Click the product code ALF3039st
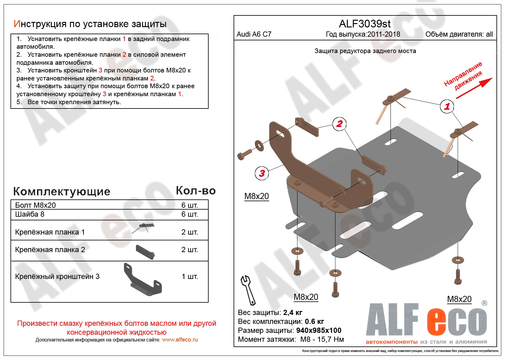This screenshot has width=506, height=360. tap(365, 24)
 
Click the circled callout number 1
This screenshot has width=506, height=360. tap(447, 106)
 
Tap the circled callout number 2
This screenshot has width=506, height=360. tap(339, 124)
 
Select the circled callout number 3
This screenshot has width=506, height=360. tap(262, 173)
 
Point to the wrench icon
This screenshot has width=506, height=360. tap(248, 290)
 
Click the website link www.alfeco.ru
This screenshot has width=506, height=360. tap(180, 340)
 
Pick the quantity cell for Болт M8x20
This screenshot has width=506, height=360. tap(190, 205)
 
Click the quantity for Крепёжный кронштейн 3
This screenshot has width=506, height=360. tap(190, 276)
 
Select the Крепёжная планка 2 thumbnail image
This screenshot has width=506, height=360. tap(145, 252)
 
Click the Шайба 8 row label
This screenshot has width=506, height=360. tap(30, 214)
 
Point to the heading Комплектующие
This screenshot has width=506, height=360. tap(62, 191)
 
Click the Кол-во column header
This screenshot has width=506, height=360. tap(196, 191)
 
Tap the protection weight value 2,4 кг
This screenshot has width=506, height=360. tap(293, 313)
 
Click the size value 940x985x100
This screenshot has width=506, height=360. tap(319, 330)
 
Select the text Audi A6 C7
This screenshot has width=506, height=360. tap(254, 34)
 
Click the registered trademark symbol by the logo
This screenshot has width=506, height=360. tap(484, 303)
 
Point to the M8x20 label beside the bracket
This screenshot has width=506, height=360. tap(256, 196)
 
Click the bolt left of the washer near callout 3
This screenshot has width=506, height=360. tap(244, 153)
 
